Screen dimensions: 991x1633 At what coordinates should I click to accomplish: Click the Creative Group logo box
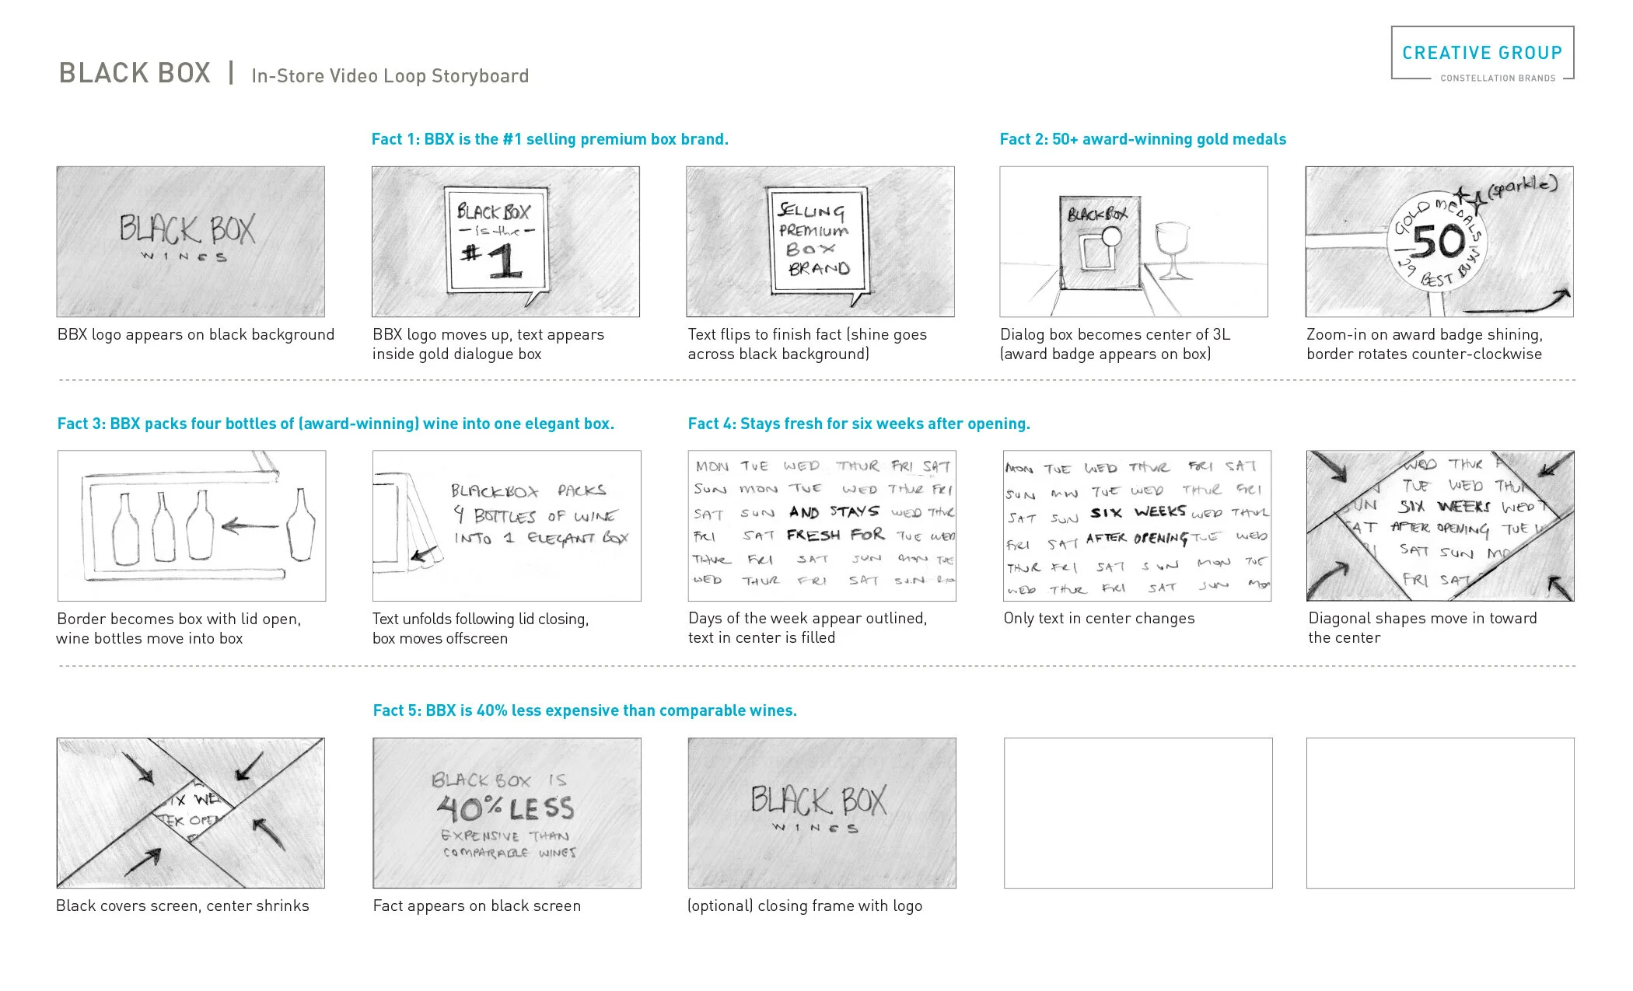coord(1481,53)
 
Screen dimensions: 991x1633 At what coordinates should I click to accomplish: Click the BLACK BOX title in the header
coord(135,73)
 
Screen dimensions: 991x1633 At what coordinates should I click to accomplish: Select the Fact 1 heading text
coord(549,139)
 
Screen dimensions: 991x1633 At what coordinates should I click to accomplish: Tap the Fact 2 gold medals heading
coord(1142,139)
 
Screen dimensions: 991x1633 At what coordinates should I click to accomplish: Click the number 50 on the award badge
coord(1438,242)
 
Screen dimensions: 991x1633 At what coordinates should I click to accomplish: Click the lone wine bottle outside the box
coord(300,524)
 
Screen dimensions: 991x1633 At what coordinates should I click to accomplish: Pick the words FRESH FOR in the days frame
coord(835,535)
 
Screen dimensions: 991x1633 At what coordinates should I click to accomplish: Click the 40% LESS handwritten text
coord(506,808)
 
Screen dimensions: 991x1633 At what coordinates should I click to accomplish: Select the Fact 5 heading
coord(585,710)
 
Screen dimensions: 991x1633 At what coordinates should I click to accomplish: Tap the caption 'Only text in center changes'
coord(1098,618)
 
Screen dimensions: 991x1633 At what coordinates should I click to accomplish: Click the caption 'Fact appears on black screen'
coord(476,906)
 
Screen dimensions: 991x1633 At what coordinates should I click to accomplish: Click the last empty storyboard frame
coord(1439,813)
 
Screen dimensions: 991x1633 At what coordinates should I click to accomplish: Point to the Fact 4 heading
coord(858,424)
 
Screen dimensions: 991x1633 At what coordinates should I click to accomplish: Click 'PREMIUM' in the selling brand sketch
coord(813,231)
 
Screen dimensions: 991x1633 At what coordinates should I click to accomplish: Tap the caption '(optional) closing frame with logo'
coord(804,906)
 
